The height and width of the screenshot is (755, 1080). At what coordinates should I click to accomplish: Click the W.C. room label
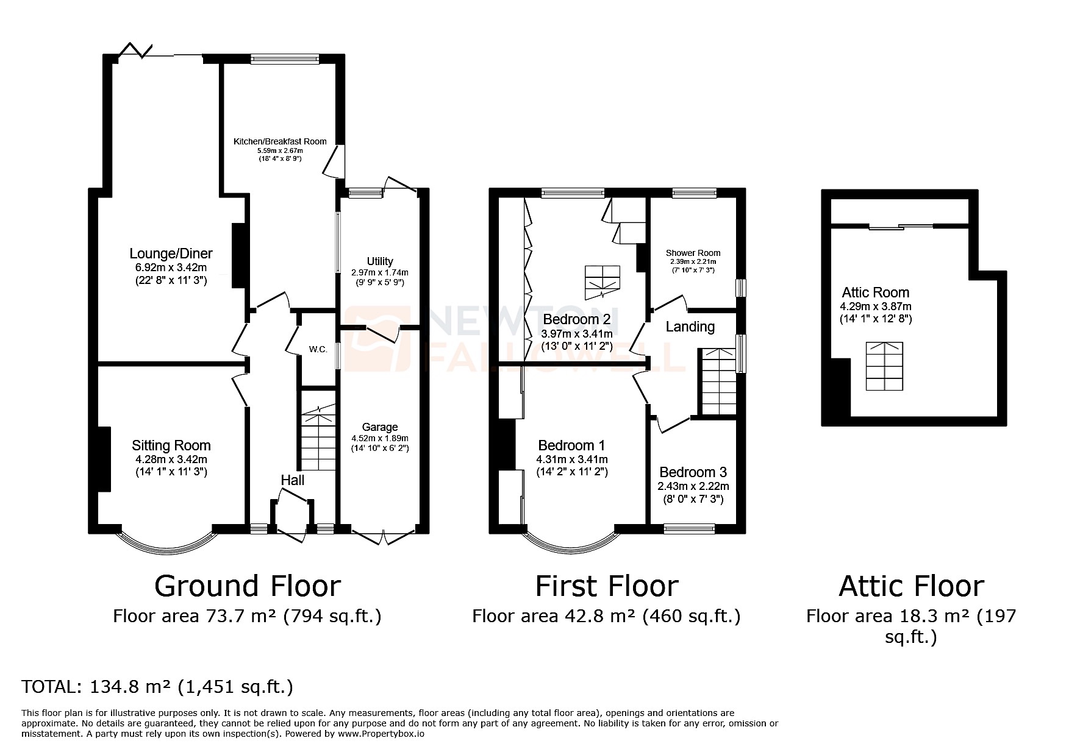tap(318, 349)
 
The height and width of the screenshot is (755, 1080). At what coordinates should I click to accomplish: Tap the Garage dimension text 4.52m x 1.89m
tap(379, 438)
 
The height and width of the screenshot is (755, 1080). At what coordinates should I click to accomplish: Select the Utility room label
tap(380, 261)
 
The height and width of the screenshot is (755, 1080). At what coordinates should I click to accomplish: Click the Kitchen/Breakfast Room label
tap(280, 141)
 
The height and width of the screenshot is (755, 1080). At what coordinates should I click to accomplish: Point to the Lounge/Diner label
tap(171, 253)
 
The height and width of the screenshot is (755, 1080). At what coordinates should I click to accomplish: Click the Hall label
tap(293, 480)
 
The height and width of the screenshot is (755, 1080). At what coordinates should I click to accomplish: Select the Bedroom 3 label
tap(693, 472)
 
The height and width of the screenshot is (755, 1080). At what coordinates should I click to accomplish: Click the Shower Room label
tap(693, 253)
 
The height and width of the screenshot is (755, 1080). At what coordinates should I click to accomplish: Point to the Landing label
tap(690, 327)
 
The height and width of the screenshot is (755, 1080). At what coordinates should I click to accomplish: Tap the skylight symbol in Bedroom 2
tap(602, 283)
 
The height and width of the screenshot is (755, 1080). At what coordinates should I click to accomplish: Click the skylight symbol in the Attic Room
tap(884, 366)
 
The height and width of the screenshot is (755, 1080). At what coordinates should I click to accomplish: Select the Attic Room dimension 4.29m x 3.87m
tap(875, 307)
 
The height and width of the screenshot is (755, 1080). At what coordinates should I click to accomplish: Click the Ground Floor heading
tap(247, 586)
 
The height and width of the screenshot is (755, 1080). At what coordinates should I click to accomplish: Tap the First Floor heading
tap(606, 586)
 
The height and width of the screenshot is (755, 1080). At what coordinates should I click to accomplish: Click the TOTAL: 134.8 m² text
tap(157, 687)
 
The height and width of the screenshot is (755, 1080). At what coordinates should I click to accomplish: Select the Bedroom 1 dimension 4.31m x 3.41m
tap(571, 459)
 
